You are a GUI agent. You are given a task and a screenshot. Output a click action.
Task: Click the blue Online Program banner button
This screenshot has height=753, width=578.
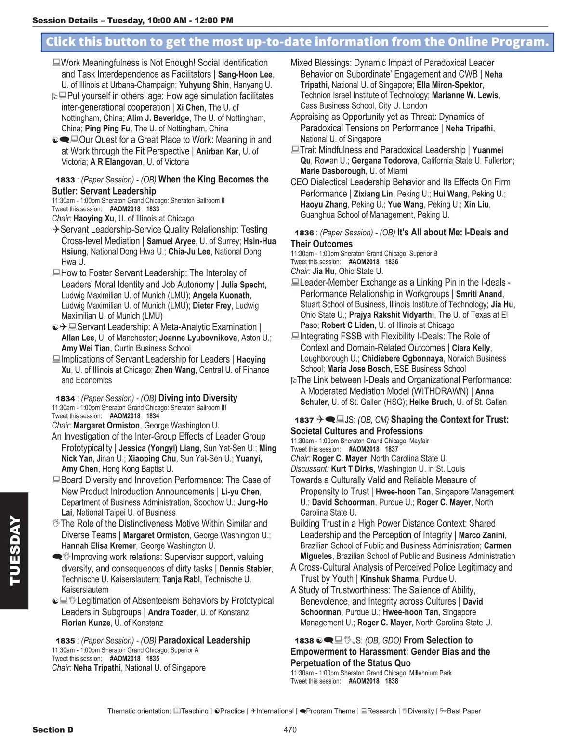tap(297, 42)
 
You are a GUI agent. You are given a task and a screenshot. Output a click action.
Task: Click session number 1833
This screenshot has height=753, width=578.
tap(65, 180)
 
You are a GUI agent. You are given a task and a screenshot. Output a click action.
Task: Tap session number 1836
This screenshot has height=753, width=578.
tap(304, 233)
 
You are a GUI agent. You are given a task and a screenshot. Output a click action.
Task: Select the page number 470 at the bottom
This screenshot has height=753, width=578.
tap(290, 730)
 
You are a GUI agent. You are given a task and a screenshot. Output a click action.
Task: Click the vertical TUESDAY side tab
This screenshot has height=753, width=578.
tap(14, 550)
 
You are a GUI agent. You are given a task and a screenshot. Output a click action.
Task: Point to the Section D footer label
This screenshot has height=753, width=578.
tap(53, 730)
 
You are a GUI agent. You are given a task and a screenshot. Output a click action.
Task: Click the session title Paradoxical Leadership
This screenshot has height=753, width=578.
tap(204, 640)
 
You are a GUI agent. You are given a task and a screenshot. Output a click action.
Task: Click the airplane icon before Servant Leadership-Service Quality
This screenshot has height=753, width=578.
tap(56, 230)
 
